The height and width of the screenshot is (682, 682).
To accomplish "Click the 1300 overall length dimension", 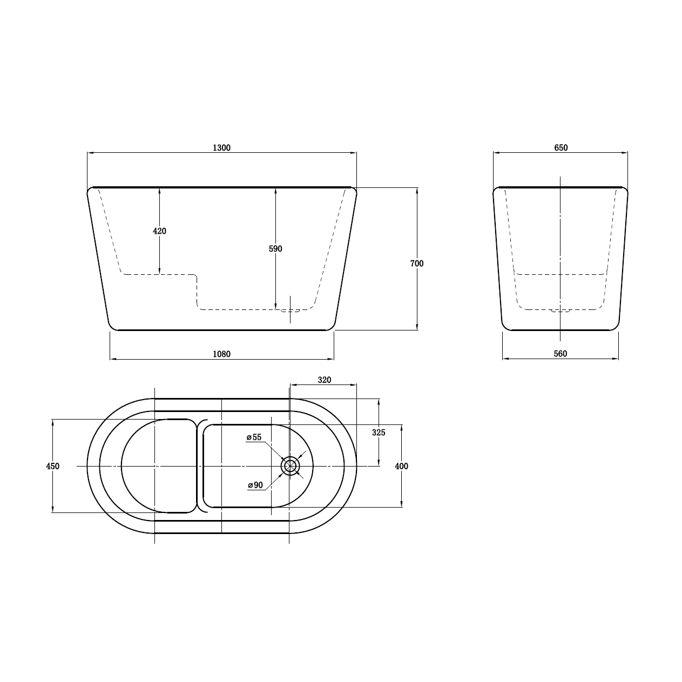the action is click(221, 148).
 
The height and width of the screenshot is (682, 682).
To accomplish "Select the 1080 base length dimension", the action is click(221, 354).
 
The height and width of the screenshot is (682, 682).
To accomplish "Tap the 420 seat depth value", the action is click(159, 231).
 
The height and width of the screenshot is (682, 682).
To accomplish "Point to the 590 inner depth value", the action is click(275, 249).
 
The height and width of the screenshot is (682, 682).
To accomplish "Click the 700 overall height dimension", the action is click(417, 264).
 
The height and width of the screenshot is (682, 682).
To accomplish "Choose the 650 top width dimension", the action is click(561, 148).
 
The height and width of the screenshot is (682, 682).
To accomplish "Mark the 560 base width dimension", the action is click(561, 354).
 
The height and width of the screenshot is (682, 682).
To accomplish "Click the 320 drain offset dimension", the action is click(324, 380).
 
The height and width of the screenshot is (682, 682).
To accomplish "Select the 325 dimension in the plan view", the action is click(379, 433).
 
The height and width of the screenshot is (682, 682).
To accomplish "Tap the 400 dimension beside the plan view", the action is click(401, 467).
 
